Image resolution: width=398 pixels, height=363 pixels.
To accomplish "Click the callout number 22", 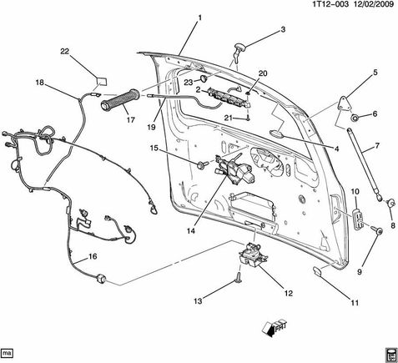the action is click(65, 52).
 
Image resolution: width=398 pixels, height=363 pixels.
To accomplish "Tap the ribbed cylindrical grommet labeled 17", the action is click(120, 99).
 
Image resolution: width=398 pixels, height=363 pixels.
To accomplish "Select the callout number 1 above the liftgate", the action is click(199, 18).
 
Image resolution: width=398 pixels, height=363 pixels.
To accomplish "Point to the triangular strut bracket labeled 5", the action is click(345, 104).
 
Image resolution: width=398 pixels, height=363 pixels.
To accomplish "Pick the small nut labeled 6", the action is click(355, 118).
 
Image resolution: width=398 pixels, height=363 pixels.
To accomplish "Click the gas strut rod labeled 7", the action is click(364, 164).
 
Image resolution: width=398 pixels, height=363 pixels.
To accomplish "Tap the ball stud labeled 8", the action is click(391, 203).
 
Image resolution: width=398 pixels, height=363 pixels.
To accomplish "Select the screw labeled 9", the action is click(376, 229).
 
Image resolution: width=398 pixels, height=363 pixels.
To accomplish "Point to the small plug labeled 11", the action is click(317, 270).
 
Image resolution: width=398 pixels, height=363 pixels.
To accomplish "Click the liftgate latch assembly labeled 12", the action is click(254, 255).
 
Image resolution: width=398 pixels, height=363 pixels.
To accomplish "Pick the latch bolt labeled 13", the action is click(239, 277).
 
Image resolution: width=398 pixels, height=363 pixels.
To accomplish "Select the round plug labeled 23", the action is click(204, 78).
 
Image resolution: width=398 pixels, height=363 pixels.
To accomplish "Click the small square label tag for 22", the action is click(102, 81).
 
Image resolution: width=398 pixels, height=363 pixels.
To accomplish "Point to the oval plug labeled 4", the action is click(277, 134).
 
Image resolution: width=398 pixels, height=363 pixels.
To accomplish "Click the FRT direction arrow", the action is click(274, 328).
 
